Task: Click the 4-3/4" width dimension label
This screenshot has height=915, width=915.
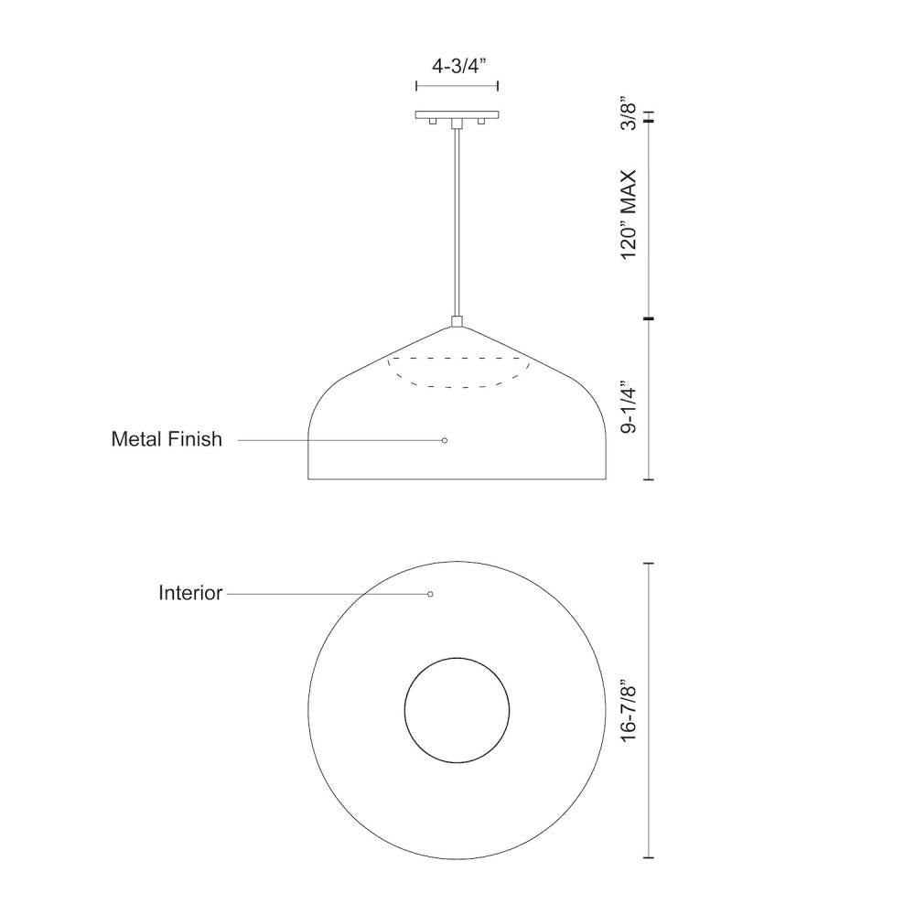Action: (x=457, y=66)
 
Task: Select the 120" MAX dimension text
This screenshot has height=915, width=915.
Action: (x=628, y=214)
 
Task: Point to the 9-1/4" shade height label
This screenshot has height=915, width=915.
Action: (x=628, y=407)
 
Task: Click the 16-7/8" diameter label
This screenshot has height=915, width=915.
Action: (x=628, y=710)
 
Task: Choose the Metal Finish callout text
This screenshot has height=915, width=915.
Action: (x=167, y=439)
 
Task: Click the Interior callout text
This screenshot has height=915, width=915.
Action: (x=190, y=593)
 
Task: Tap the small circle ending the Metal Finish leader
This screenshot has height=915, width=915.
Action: (x=445, y=440)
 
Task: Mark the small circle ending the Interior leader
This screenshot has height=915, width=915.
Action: (x=430, y=594)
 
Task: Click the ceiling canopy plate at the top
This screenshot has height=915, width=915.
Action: (x=457, y=115)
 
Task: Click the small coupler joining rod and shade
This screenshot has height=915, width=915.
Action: (x=457, y=321)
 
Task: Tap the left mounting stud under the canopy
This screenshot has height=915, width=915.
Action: (x=433, y=123)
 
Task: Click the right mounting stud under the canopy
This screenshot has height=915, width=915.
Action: (x=480, y=123)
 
